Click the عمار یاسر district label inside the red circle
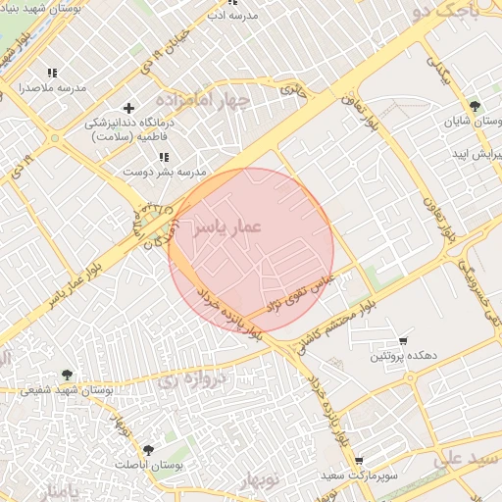[226, 226]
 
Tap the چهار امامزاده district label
[209, 101]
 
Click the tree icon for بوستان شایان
[475, 106]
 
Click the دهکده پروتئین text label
[396, 354]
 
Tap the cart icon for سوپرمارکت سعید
[360, 460]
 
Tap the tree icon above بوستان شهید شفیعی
[67, 374]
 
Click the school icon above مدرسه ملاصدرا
[52, 73]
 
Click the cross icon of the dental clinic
[127, 107]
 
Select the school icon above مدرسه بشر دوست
[164, 156]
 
